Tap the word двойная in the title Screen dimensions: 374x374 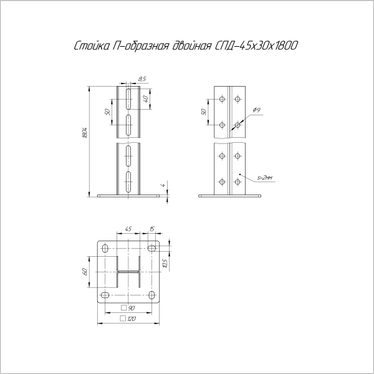[191, 46]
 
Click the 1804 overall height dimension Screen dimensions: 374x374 [84, 133]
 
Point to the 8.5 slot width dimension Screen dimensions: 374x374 [142, 79]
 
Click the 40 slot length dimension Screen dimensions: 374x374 [146, 98]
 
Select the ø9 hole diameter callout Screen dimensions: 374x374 [257, 110]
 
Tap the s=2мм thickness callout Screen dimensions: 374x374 [265, 178]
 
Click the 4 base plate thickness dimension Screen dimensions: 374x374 [163, 185]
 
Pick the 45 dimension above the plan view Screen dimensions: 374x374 [128, 229]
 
